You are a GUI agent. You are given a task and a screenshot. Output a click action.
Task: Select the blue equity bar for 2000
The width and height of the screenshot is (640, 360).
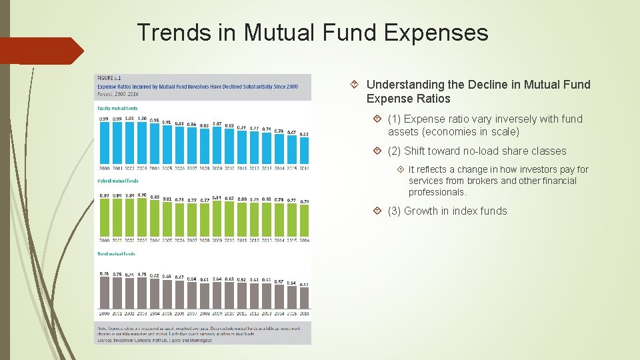click(104, 143)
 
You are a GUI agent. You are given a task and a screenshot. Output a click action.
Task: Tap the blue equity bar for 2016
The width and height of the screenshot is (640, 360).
click(304, 151)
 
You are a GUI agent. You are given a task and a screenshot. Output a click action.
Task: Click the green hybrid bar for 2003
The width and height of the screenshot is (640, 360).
click(141, 217)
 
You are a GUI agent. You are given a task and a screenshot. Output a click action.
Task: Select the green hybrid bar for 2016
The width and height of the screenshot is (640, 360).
click(304, 221)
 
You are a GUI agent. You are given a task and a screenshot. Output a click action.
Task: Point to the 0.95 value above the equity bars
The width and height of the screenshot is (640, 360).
click(154, 121)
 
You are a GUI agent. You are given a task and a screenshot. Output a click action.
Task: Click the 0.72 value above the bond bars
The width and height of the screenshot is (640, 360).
click(154, 275)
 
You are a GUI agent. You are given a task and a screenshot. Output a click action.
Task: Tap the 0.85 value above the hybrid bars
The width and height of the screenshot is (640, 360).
click(154, 197)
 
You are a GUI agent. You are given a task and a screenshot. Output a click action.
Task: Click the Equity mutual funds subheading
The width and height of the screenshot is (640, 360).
click(118, 108)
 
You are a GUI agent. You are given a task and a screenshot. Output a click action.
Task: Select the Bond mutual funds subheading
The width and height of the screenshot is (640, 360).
click(117, 254)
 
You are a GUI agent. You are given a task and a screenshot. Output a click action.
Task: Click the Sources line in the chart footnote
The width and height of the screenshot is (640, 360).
click(155, 340)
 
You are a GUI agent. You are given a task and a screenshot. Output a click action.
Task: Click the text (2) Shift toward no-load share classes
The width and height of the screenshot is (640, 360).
click(477, 151)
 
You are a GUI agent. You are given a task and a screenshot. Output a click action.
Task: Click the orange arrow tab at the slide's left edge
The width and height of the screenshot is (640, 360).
click(40, 51)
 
